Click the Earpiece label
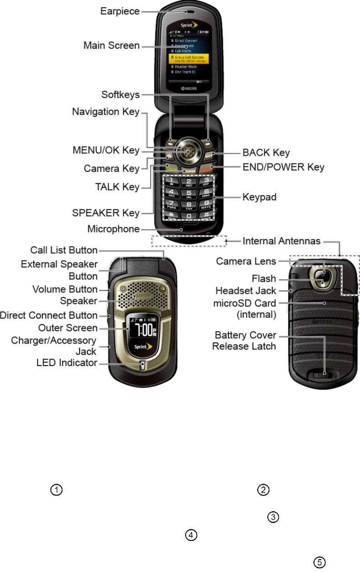tap(120, 11)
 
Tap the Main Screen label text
tap(111, 45)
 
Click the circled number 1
tap(56, 490)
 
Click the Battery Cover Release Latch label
tap(244, 340)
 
